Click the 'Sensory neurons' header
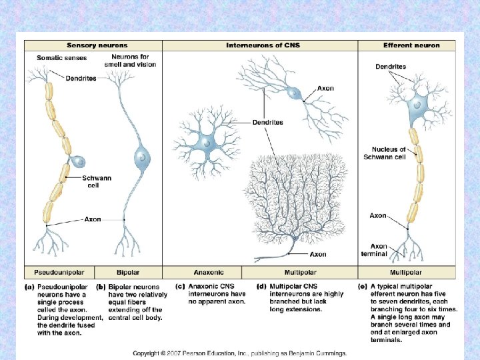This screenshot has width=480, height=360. coord(93,45)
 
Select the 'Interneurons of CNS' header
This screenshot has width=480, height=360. coord(259,45)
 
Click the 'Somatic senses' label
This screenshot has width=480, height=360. coord(57,58)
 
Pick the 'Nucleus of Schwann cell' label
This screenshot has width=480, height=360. coord(389,153)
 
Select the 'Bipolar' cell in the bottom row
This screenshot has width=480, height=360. coord(128,272)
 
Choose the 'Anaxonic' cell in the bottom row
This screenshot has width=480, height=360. coord(208,272)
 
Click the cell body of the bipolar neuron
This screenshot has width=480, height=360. coord(142,157)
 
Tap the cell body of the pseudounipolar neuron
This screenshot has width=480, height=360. coord(78,161)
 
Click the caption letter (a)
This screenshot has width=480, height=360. coord(31,287)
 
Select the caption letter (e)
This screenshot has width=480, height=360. coord(363,287)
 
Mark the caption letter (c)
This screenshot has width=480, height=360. coord(179,287)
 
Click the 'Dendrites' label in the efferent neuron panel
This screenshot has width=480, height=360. coord(391,67)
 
